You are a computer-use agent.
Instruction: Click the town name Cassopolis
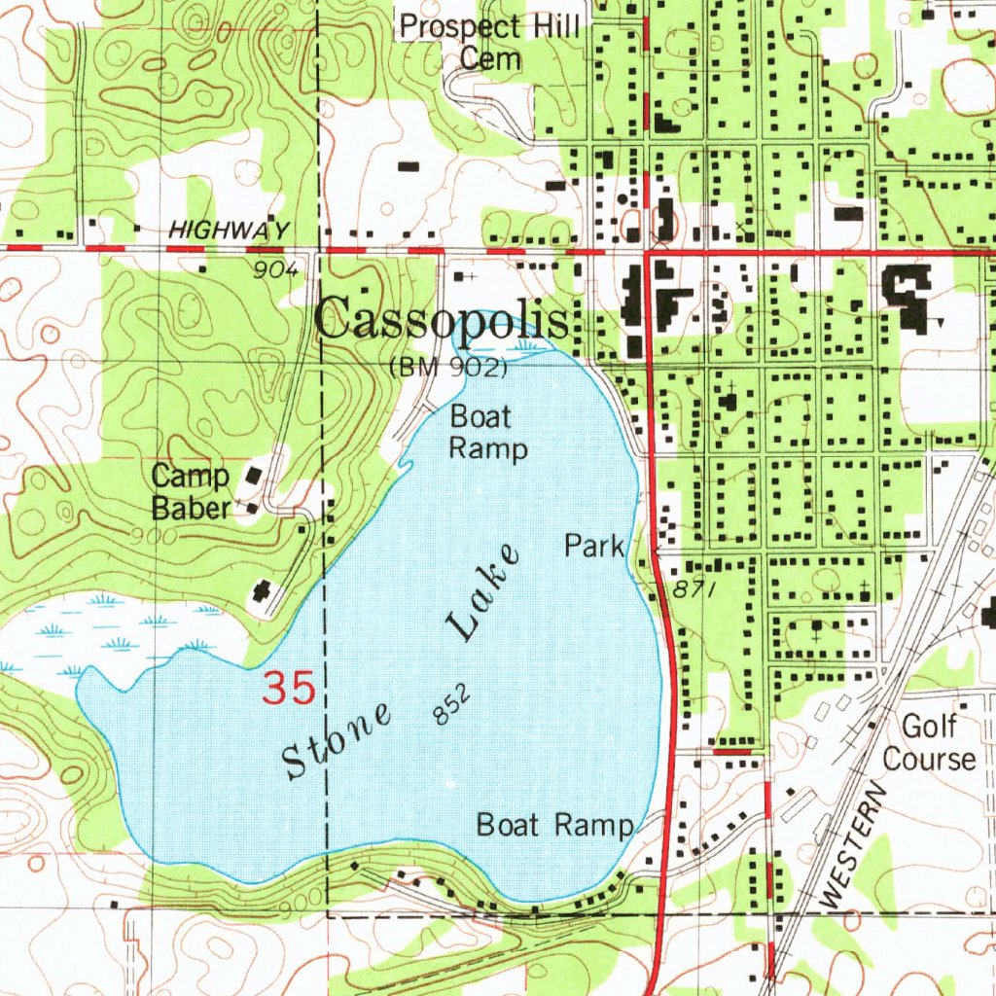tap(444, 319)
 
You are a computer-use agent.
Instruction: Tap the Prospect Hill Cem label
tap(491, 42)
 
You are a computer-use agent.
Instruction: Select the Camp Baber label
tap(192, 491)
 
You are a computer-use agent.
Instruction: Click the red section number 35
tap(290, 689)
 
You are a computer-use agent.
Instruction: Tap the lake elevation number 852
tap(453, 703)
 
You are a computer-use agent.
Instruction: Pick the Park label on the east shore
tap(594, 546)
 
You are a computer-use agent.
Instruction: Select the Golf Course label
tap(929, 742)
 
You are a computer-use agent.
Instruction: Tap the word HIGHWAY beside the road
tap(230, 231)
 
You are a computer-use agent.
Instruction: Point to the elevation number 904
tap(274, 271)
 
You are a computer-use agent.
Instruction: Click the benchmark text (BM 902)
tap(448, 369)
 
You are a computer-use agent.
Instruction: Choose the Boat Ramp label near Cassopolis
tap(488, 433)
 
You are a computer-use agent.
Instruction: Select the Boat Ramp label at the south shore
tap(554, 825)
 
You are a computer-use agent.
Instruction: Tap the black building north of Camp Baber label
tap(256, 477)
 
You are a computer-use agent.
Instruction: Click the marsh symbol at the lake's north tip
tap(526, 343)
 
